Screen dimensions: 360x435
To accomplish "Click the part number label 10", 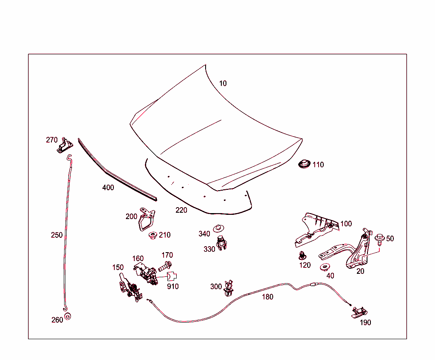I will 223,83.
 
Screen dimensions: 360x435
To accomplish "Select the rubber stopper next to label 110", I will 304,164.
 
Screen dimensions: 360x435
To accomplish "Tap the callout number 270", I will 52,140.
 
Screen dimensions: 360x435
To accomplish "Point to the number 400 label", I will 108,187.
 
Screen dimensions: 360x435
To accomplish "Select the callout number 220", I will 181,210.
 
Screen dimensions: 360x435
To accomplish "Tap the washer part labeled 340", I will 219,228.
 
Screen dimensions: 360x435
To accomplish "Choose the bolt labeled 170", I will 164,267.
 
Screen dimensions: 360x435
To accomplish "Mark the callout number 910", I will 173,287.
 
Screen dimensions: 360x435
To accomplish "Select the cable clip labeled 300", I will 229,288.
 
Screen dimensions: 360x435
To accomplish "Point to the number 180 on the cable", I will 268,297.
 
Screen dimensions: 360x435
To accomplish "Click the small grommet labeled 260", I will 68,316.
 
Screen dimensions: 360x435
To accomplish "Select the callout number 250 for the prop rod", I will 56,235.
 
